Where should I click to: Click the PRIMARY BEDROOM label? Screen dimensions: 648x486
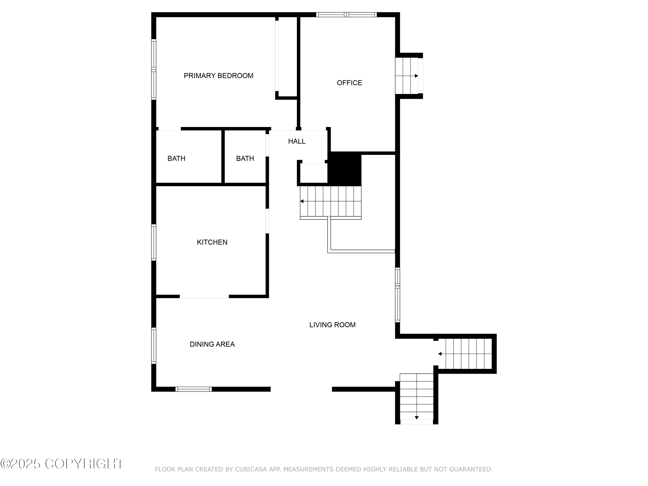(219, 76)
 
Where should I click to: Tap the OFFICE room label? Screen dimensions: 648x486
(349, 83)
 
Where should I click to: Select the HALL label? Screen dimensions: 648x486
(297, 141)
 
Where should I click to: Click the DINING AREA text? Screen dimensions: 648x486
(212, 344)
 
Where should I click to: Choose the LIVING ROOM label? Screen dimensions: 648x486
(332, 325)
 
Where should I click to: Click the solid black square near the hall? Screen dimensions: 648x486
(345, 169)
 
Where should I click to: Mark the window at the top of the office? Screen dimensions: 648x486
(346, 15)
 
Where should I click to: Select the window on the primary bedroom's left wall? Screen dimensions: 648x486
(154, 69)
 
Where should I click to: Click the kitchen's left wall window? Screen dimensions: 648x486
(154, 242)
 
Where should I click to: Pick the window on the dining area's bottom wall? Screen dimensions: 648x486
(194, 389)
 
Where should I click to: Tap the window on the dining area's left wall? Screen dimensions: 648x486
(154, 346)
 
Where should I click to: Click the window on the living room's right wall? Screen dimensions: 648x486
(397, 295)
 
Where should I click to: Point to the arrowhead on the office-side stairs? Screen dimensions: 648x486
(417, 76)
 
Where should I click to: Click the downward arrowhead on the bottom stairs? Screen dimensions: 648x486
(417, 418)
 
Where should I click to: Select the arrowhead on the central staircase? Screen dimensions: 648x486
(302, 201)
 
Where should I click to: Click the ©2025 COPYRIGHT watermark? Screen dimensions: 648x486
(62, 464)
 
